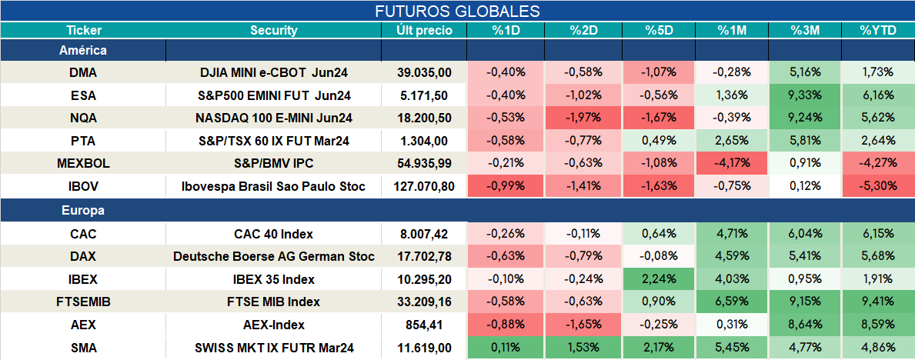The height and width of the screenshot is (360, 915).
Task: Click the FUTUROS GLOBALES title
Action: point(457,11)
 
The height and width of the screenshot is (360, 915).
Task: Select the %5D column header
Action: point(659,31)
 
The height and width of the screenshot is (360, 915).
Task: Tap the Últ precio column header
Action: point(424,31)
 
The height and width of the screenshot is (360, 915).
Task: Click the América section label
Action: point(83,51)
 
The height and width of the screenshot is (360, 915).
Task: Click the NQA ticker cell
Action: point(83,118)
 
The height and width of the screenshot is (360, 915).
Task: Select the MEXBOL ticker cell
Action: point(83,164)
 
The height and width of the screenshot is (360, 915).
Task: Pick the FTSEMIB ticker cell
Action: point(83,302)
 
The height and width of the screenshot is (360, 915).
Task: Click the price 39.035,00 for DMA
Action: point(424,72)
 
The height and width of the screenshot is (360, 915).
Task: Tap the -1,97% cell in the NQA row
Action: point(583,118)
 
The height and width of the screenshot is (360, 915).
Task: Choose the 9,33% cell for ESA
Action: point(805,95)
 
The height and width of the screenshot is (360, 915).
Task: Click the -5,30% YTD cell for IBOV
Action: point(877,187)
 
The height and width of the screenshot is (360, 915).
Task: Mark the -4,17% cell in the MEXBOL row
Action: point(731,164)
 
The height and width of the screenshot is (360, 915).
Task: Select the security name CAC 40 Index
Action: point(274,235)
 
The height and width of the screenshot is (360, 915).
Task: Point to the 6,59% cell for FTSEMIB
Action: point(731,302)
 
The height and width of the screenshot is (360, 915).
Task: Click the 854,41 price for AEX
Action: point(424,325)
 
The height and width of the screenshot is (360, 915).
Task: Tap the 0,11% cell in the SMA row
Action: point(506,348)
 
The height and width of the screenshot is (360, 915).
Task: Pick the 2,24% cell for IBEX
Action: point(659,279)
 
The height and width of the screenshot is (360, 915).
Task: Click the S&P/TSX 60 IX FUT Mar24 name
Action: point(274,141)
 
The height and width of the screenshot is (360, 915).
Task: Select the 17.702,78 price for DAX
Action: point(424,256)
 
